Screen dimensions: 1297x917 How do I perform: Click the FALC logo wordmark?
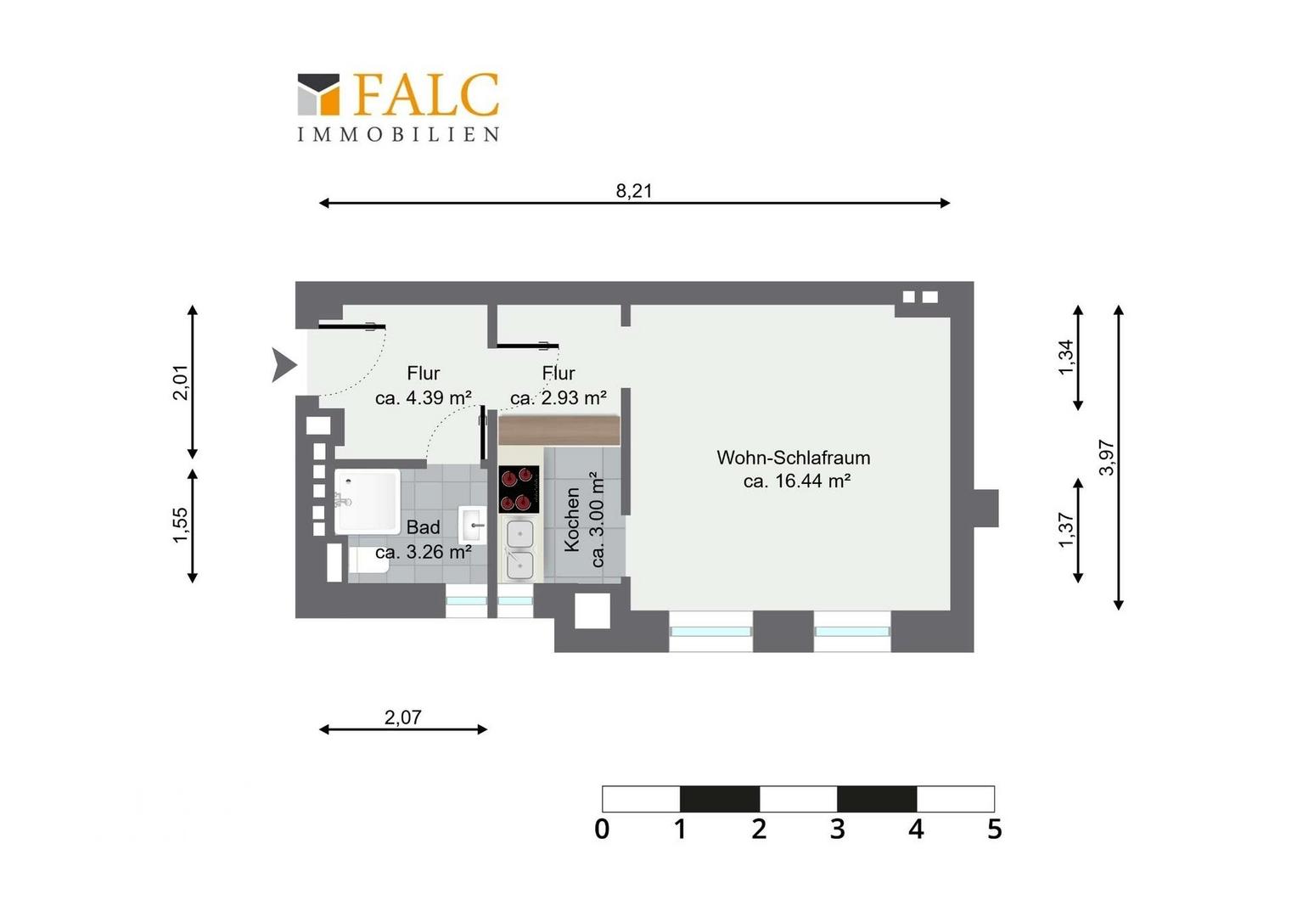[x=426, y=93]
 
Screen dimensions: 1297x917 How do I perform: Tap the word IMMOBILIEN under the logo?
[x=398, y=134]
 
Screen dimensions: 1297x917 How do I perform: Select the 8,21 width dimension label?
[x=634, y=190]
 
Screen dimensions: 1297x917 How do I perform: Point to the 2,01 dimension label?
[x=181, y=382]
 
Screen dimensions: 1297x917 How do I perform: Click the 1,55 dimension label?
[x=181, y=525]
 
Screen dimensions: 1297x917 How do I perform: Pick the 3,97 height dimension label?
[x=1107, y=458]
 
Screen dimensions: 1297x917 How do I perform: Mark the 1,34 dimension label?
[x=1066, y=357]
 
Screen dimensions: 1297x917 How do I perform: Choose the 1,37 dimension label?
[x=1066, y=530]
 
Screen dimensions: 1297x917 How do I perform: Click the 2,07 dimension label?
[x=403, y=717]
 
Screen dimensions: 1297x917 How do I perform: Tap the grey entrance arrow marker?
[x=284, y=365]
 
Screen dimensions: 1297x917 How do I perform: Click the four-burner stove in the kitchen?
[x=519, y=489]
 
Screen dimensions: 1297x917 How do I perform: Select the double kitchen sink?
[x=520, y=549]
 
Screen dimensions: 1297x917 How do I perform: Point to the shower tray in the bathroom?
[x=368, y=501]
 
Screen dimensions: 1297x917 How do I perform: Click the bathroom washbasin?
[x=473, y=525]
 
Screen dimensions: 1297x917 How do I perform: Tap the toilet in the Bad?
[x=368, y=560]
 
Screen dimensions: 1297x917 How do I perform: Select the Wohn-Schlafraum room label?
[x=794, y=458]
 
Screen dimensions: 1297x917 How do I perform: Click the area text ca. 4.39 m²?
[x=424, y=398]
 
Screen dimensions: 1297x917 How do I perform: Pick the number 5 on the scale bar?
[x=994, y=830]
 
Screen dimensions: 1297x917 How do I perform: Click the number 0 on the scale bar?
[x=602, y=830]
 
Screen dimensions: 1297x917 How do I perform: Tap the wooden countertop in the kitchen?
[x=559, y=430]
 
